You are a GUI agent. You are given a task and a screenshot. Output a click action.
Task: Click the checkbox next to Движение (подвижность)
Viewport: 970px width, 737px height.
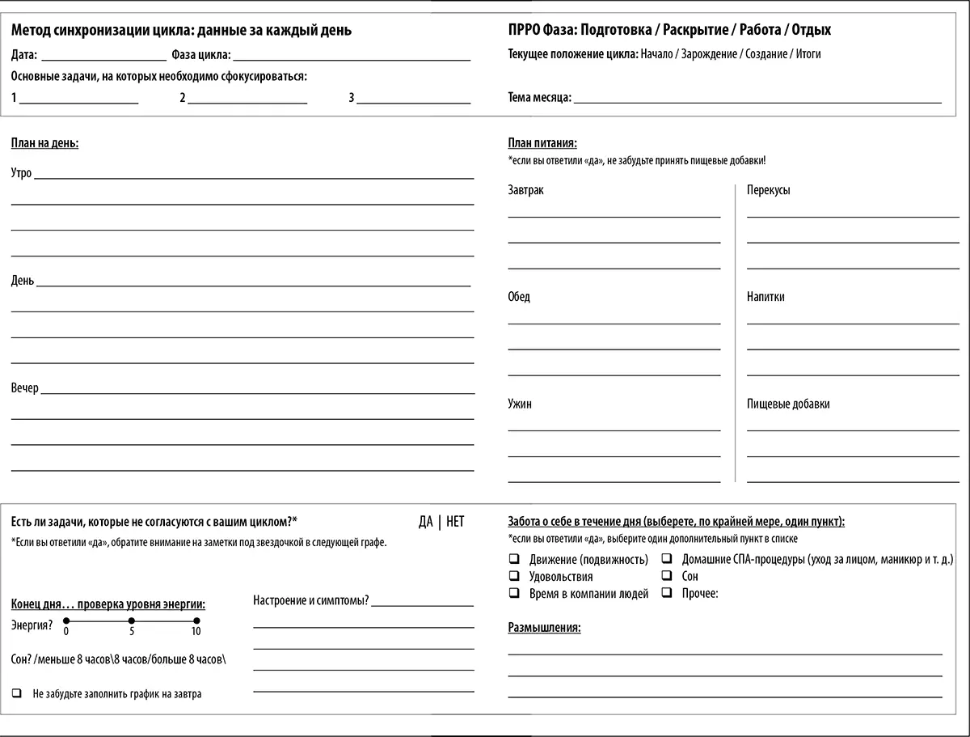pyautogui.click(x=513, y=559)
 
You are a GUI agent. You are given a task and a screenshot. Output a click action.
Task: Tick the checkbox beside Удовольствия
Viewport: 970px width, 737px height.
pyautogui.click(x=513, y=576)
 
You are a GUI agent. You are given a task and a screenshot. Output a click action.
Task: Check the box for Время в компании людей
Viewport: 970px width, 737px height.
pyautogui.click(x=513, y=593)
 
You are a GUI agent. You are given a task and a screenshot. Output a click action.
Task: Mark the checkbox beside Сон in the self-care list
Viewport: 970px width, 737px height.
pyautogui.click(x=667, y=576)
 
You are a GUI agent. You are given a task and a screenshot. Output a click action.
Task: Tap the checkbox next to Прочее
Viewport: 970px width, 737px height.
pyautogui.click(x=667, y=593)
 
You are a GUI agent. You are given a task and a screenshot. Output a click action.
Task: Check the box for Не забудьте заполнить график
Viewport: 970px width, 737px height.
pyautogui.click(x=17, y=693)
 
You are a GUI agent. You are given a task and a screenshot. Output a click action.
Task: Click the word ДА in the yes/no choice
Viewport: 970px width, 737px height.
pyautogui.click(x=426, y=522)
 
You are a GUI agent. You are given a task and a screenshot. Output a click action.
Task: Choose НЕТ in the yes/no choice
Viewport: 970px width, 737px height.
pyautogui.click(x=455, y=522)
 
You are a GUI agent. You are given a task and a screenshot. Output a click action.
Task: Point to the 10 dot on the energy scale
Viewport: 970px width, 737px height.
pyautogui.click(x=196, y=621)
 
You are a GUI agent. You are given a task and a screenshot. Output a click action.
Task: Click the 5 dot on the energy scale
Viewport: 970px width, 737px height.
pyautogui.click(x=132, y=621)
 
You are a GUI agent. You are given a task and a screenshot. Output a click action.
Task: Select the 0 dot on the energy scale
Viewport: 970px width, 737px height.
pyautogui.click(x=66, y=621)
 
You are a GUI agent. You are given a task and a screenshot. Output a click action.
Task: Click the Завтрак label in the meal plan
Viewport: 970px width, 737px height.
pyautogui.click(x=525, y=190)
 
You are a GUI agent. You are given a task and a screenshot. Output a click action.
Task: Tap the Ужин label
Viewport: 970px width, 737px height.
pyautogui.click(x=520, y=404)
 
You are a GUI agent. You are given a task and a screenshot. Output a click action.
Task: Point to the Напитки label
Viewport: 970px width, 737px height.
pyautogui.click(x=765, y=297)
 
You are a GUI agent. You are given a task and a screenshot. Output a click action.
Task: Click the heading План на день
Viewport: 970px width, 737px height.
pyautogui.click(x=44, y=143)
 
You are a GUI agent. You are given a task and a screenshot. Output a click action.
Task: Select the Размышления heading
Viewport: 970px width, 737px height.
pyautogui.click(x=544, y=628)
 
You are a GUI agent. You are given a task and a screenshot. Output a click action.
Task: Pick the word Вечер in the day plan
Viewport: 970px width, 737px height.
pyautogui.click(x=25, y=388)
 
